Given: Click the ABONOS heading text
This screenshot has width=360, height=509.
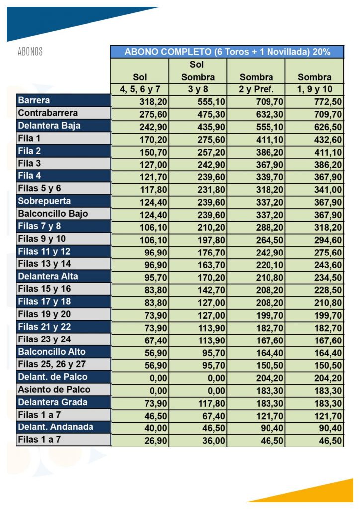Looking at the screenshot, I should [x=30, y=52].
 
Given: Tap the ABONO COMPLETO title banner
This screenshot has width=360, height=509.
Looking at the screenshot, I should [x=227, y=52].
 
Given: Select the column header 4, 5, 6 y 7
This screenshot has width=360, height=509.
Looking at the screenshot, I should [x=140, y=90].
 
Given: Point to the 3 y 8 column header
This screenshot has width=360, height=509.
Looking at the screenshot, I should [x=197, y=90].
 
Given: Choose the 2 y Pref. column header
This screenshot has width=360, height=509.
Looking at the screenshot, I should [x=256, y=90].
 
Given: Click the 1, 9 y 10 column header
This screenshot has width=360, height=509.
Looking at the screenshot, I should [x=314, y=90].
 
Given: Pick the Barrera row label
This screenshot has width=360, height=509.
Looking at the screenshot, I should [x=34, y=101].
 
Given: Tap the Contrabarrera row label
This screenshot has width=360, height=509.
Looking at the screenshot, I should [x=48, y=113].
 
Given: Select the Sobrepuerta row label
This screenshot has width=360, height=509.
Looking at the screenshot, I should [x=44, y=201].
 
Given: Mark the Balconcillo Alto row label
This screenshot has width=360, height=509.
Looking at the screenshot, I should [x=52, y=352].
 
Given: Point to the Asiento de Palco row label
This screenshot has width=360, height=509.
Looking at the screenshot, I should [x=54, y=389].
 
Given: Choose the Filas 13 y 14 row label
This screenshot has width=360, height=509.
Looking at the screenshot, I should [x=44, y=264].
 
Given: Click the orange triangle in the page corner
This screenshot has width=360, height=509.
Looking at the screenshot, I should [x=318, y=492].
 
